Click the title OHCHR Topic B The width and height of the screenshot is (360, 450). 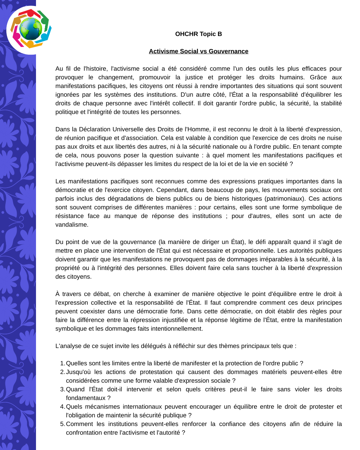(x=198, y=34)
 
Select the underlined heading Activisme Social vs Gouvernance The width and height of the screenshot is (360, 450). (x=198, y=51)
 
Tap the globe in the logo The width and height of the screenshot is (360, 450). (x=30, y=29)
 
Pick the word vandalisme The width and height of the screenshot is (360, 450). (x=71, y=225)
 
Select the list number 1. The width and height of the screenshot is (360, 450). (x=62, y=363)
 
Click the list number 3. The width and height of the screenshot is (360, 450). (x=62, y=389)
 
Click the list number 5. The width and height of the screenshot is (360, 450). (x=62, y=424)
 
